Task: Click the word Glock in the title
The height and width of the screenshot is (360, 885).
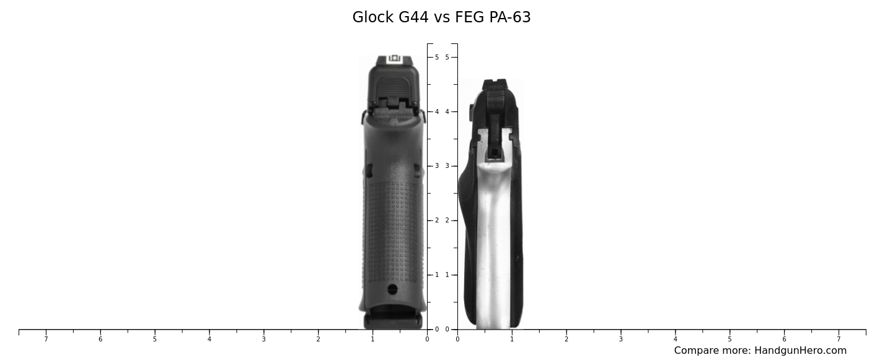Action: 373,17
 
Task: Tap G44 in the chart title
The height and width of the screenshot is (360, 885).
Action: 413,17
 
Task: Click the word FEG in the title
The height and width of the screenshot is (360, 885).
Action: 470,17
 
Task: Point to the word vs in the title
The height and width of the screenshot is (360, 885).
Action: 442,17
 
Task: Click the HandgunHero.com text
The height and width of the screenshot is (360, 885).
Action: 800,351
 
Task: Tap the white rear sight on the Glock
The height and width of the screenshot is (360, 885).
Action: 394,59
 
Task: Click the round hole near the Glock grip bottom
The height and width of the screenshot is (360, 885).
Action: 392,289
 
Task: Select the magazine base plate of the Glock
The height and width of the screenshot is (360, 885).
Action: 393,320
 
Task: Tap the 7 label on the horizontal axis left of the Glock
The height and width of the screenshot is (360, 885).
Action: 46,339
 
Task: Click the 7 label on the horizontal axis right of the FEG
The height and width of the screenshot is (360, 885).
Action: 839,339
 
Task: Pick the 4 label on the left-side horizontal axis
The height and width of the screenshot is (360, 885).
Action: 209,339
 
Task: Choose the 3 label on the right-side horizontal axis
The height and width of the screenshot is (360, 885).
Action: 620,339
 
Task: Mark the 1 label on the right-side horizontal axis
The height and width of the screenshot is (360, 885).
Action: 512,339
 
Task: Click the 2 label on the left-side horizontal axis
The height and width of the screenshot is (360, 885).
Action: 318,339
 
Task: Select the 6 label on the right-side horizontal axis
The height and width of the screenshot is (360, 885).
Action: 784,339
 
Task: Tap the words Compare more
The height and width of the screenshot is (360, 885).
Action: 712,351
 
